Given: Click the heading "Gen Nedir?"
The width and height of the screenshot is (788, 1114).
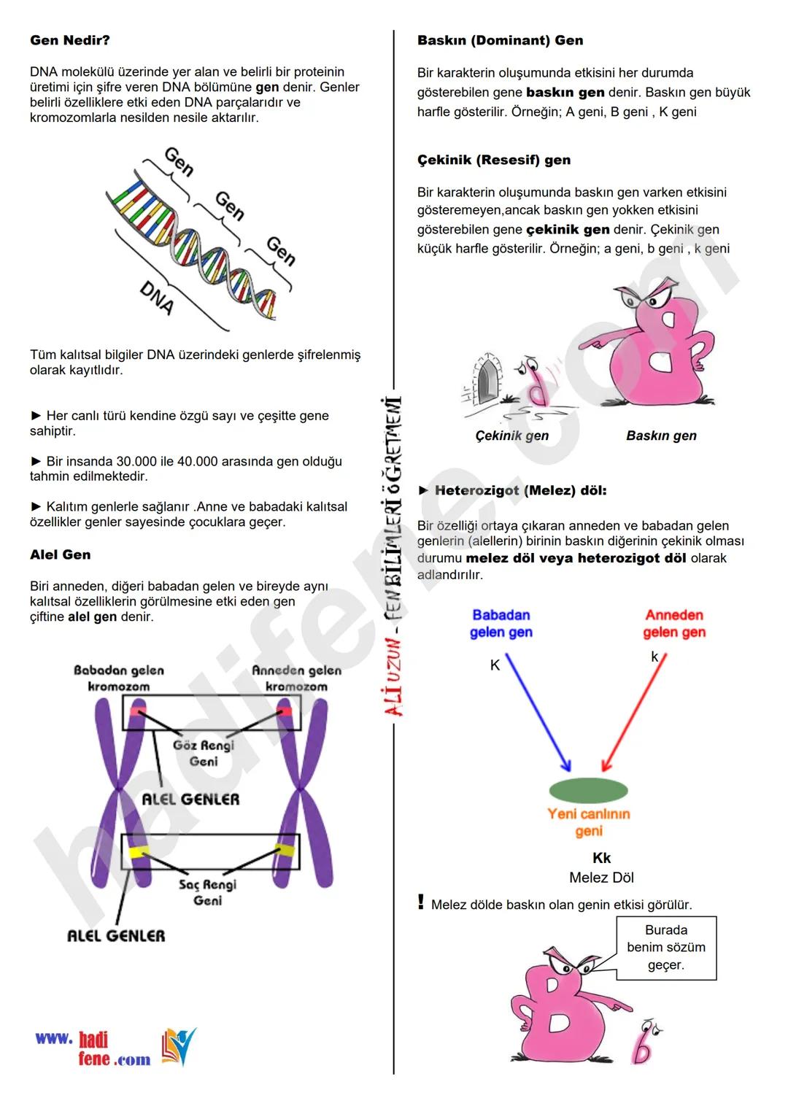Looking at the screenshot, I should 70,41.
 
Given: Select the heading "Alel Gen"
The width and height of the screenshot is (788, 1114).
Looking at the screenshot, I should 61,555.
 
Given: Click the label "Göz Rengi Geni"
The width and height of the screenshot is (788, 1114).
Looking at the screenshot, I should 204,753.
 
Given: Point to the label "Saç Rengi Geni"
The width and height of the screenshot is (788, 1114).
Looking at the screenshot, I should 208,892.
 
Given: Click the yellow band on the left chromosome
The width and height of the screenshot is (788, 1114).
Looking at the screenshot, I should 136,852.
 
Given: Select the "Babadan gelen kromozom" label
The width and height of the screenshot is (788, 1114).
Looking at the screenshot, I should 119,678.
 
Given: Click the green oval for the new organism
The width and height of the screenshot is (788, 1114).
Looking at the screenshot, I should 588,790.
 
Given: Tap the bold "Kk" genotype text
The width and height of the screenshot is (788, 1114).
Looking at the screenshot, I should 601,859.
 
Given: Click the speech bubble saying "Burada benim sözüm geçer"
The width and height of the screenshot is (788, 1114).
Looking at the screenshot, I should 665,948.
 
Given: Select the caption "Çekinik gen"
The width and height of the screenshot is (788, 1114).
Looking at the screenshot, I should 511,436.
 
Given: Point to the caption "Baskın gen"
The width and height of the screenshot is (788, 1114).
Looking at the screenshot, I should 661,436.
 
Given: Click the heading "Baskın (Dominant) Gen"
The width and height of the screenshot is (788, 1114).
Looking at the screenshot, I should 500,41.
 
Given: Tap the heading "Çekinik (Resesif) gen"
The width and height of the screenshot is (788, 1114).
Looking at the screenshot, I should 494,160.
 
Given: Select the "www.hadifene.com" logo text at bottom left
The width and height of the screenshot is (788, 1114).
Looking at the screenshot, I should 93,1049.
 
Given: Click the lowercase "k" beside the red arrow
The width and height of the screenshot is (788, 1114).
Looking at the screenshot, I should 654,657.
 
